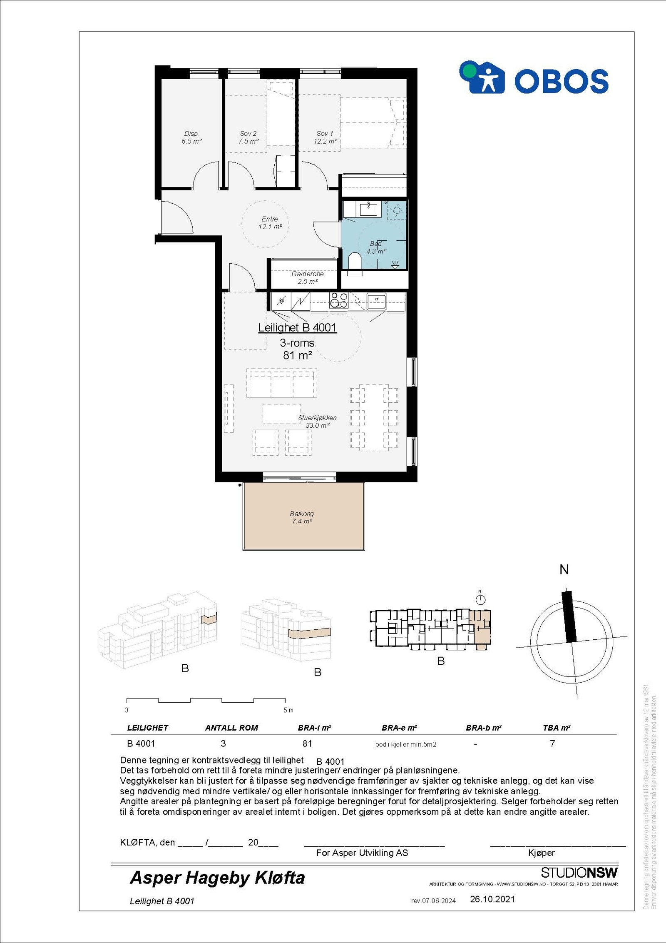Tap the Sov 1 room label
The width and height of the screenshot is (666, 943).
tap(325, 137)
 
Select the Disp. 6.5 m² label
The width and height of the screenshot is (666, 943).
tap(191, 137)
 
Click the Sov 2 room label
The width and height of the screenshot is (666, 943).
tap(249, 137)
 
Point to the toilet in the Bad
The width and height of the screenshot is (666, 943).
tap(355, 261)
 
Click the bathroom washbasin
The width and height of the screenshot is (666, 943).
tap(368, 209)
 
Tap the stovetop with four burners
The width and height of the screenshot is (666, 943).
tap(338, 300)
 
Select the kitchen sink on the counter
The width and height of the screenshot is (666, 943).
tap(376, 300)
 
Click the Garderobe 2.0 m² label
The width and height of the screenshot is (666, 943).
tap(308, 278)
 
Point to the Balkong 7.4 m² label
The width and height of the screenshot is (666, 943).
tap(302, 517)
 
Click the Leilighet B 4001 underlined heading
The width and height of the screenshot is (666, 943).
tap(297, 328)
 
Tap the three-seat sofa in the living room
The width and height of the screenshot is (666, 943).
tap(282, 383)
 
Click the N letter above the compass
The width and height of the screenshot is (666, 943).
tap(564, 569)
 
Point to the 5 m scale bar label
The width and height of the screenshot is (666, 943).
tap(288, 710)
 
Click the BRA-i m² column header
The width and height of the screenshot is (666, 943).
tap(314, 728)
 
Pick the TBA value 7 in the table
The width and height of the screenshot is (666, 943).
tap(552, 743)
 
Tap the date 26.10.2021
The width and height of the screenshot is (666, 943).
tap(492, 899)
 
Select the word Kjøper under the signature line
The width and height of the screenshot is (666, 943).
tap(542, 853)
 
